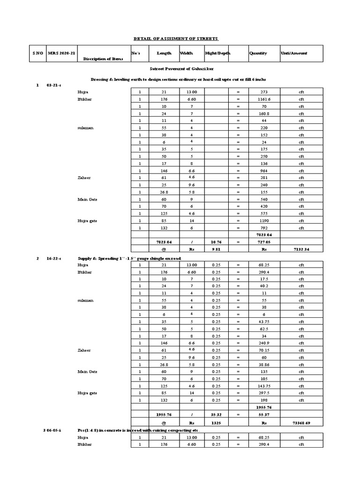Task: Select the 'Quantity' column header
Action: (258, 53)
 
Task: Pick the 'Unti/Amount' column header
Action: (294, 53)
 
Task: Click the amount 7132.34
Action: (301, 250)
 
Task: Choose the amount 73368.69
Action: (301, 423)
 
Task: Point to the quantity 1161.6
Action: (261, 100)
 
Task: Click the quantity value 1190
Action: (261, 221)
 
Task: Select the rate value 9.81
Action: (216, 250)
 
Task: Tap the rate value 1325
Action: (216, 423)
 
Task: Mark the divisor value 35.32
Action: (216, 415)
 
